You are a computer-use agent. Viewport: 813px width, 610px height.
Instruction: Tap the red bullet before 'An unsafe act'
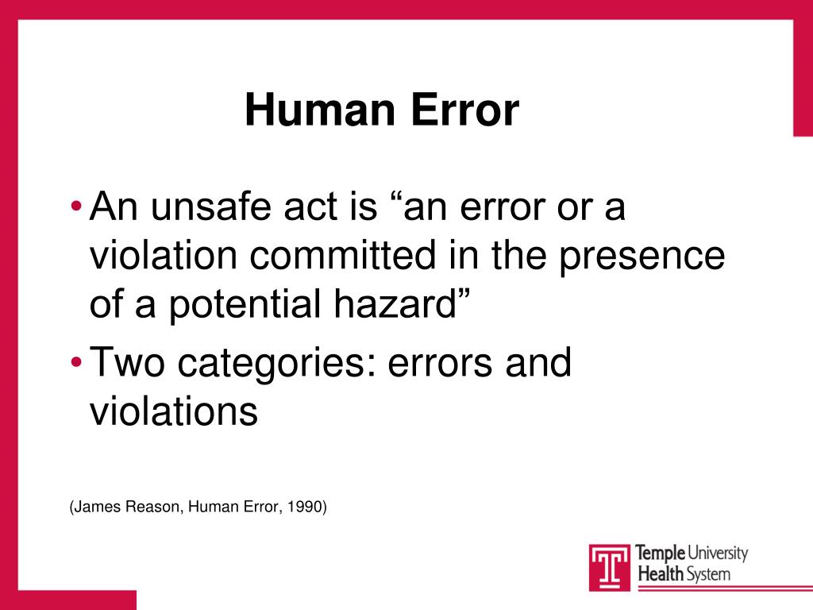[75, 208]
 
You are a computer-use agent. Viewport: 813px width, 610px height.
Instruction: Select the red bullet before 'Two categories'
[75, 363]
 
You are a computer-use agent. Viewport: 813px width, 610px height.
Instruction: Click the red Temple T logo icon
[610, 566]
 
